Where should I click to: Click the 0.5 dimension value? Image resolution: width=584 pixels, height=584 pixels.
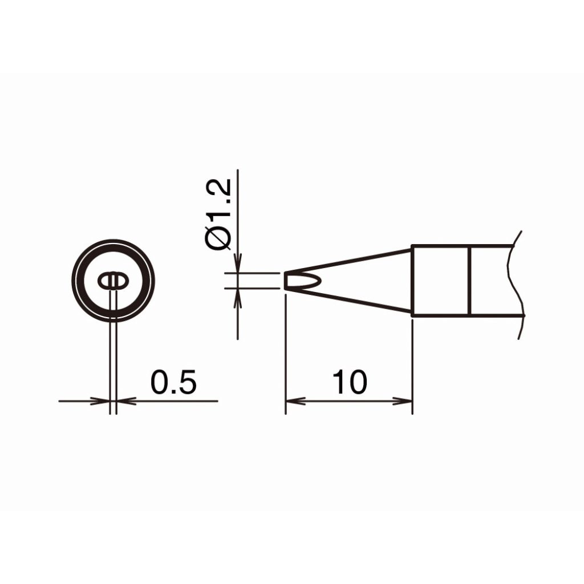pos(173,382)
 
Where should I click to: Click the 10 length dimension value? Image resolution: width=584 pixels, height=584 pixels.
pos(350,382)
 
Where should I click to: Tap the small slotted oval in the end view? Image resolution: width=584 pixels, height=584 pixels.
pos(113,281)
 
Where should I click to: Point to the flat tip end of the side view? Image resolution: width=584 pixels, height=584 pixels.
pos(286,281)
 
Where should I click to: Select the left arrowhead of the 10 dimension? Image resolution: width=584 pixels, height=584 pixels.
pos(295,401)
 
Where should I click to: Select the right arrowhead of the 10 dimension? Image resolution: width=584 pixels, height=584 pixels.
pos(403,401)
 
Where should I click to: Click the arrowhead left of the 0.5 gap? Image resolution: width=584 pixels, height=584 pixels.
pos(100,401)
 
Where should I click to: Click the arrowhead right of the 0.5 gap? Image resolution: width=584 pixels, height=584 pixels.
pos(126,401)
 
